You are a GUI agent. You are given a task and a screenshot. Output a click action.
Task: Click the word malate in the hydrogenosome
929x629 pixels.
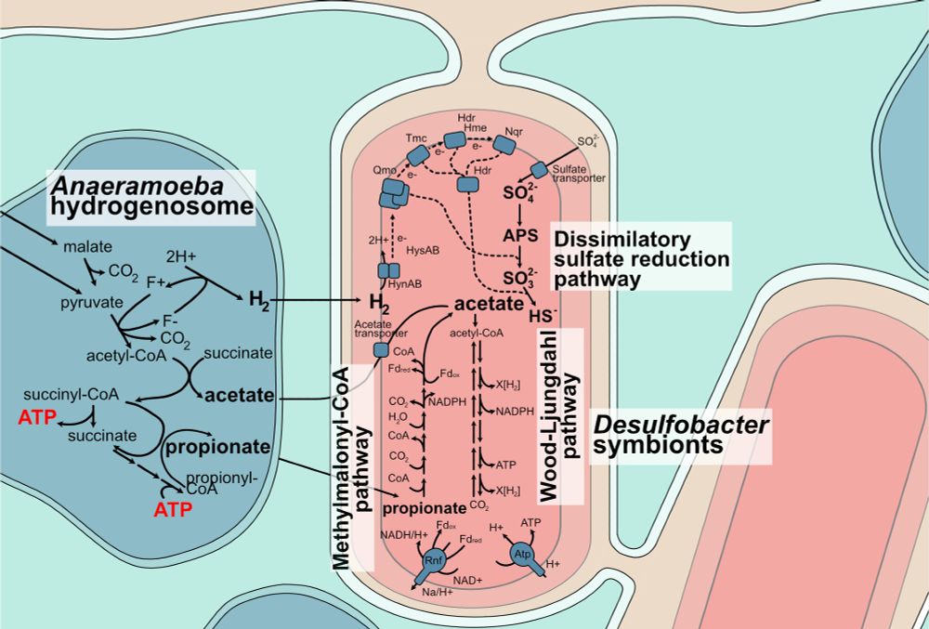[86, 247]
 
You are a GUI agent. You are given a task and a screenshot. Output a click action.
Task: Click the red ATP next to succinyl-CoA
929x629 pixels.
[34, 417]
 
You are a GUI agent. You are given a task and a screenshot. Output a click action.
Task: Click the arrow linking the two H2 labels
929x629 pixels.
[316, 300]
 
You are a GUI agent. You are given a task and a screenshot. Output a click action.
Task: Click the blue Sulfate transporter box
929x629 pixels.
[539, 171]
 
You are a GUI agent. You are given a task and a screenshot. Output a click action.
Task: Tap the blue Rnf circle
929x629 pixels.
[434, 561]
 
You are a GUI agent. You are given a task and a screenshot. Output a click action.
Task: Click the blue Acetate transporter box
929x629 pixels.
[380, 349]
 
